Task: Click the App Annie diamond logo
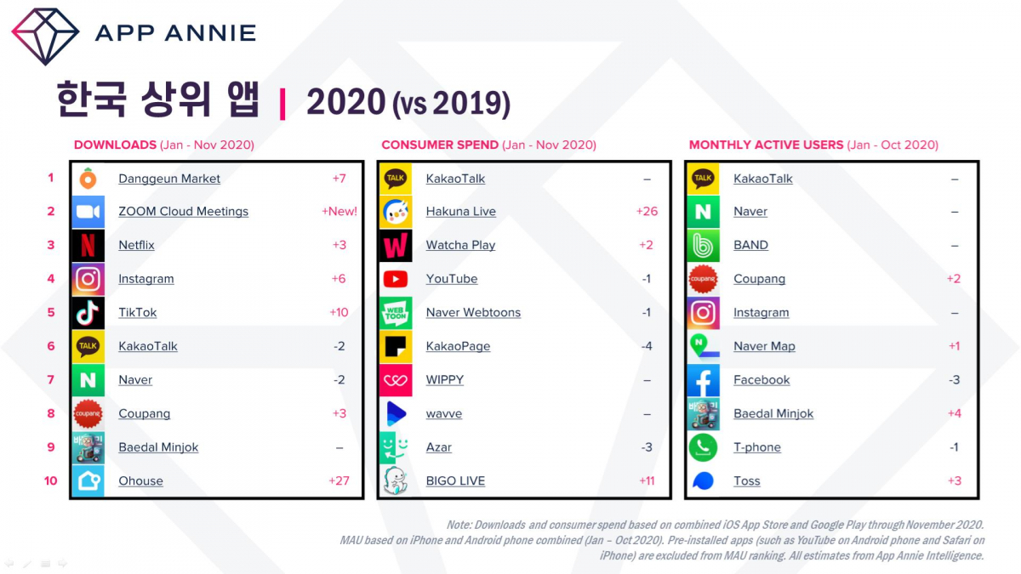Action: pos(45,36)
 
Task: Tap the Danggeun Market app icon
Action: pos(88,179)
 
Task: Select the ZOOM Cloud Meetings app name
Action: pos(183,212)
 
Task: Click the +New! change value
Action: pos(339,212)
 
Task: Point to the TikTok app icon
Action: pos(88,313)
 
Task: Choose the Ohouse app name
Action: pos(140,481)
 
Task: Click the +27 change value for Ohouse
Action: pos(339,481)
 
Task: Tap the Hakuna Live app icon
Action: pos(396,212)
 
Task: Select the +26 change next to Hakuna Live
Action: pos(647,212)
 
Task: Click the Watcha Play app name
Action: pos(460,246)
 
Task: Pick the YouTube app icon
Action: pos(396,279)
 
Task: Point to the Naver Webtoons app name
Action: pos(473,313)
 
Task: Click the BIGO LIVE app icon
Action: pos(396,481)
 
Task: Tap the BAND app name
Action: pos(750,246)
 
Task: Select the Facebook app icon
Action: pos(703,380)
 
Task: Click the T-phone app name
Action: pos(756,447)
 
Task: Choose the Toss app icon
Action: pos(703,481)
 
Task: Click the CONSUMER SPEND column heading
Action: pos(440,145)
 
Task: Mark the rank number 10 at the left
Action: pos(51,481)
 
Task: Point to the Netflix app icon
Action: pos(88,246)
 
